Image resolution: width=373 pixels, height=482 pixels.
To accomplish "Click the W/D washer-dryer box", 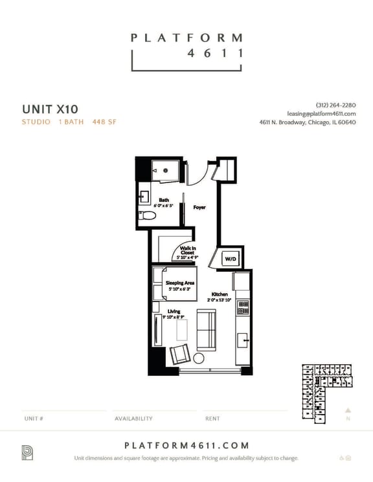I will (231, 259).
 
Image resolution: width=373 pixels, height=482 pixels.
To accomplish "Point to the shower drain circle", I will (166, 170).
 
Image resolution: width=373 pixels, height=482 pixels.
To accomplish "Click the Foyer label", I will (199, 208).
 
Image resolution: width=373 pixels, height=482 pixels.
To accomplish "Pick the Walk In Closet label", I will (188, 251).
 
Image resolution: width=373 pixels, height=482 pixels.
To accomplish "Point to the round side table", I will (199, 358).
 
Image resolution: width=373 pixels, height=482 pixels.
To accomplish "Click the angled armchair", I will (180, 355).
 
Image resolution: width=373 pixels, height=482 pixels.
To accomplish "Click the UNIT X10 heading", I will (50, 108).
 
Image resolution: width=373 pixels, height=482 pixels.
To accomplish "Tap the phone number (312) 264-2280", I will (335, 105).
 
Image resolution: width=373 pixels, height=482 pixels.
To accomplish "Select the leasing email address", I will (321, 114).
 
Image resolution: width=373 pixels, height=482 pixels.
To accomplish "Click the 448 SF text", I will (104, 121).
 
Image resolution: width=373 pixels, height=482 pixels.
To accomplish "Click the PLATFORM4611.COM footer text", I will (186, 445).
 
